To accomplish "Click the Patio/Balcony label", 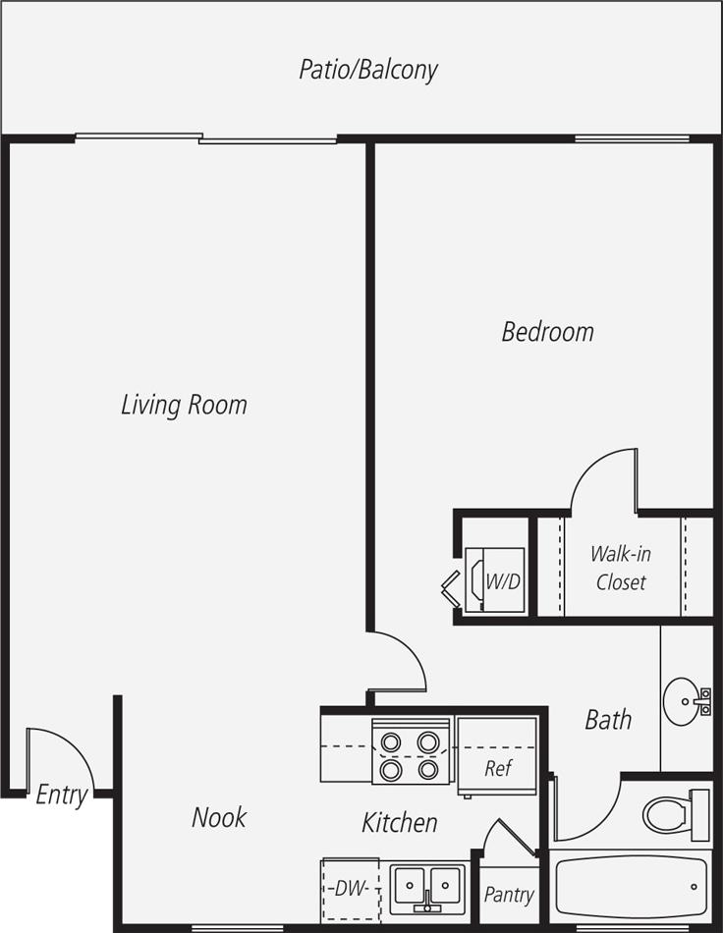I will click(x=368, y=70).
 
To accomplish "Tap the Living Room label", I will click(x=184, y=404).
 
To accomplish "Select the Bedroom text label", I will click(x=547, y=332).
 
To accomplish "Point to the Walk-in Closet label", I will click(x=620, y=568).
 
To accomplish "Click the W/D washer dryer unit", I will click(x=495, y=580).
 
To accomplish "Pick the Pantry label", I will click(x=509, y=895).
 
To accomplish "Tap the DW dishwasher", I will click(x=351, y=889).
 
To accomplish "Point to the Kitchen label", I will click(x=400, y=822).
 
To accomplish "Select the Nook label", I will click(x=219, y=817).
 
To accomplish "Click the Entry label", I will click(x=62, y=795).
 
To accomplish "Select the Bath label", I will click(x=608, y=720).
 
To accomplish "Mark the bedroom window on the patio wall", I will click(x=619, y=138).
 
